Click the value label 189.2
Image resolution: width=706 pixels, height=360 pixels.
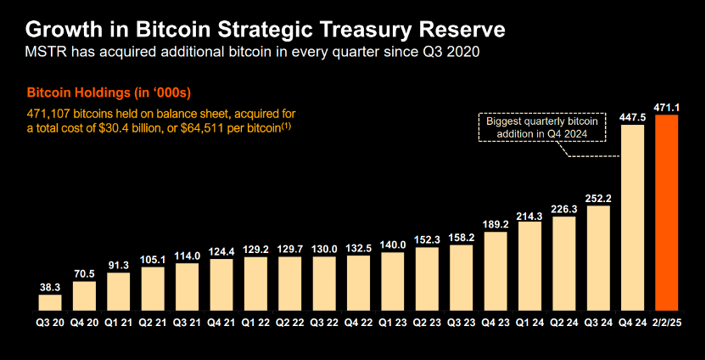(496, 223)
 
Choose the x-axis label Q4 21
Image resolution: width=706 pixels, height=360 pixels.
(221, 323)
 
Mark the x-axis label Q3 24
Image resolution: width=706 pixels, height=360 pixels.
(599, 323)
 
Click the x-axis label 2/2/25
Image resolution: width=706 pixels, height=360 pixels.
(669, 323)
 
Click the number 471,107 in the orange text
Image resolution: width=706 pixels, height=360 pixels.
(50, 112)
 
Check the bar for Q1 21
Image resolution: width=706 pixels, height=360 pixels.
(119, 290)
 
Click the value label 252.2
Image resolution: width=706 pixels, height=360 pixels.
(599, 198)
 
